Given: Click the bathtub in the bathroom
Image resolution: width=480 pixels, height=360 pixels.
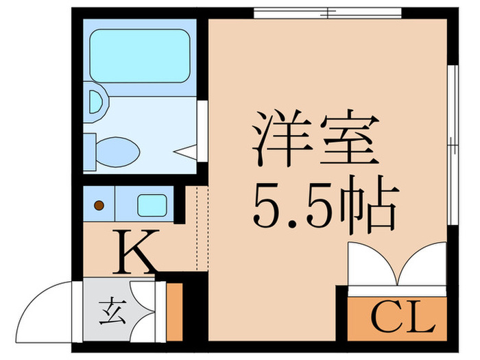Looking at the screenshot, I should [x=139, y=56].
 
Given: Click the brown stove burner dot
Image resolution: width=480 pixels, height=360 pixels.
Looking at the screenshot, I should [x=99, y=204].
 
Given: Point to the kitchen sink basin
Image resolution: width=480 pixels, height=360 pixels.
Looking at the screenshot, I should [x=152, y=204].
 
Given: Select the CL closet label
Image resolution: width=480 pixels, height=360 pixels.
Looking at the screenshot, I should [x=405, y=317].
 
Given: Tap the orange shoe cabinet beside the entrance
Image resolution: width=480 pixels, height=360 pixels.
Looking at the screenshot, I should [x=174, y=311].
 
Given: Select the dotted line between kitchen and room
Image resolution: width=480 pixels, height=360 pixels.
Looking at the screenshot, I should [x=196, y=229].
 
